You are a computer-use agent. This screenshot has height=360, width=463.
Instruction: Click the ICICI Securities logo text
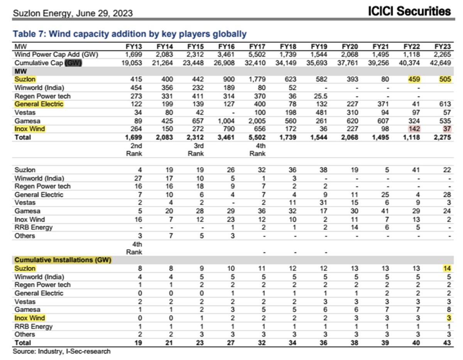[x=409, y=11]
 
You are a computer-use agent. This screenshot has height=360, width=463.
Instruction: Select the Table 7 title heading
[x=130, y=34]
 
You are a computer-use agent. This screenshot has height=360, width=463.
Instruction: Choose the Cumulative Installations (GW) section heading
[x=63, y=260]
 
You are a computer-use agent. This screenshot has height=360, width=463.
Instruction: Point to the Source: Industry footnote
[x=62, y=351]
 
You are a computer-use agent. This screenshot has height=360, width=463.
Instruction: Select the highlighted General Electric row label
[x=39, y=104]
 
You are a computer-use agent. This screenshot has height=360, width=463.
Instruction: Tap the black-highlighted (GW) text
[x=73, y=63]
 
